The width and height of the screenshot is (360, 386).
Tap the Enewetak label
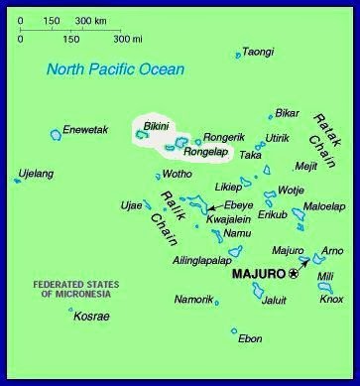[x=85, y=129]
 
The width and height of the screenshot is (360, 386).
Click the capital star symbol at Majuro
[x=293, y=273]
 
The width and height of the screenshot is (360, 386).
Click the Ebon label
[x=251, y=338]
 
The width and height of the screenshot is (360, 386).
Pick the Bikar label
[x=287, y=113]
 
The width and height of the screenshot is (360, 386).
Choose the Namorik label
[x=192, y=299]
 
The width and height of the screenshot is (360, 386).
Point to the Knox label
[x=331, y=299]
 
